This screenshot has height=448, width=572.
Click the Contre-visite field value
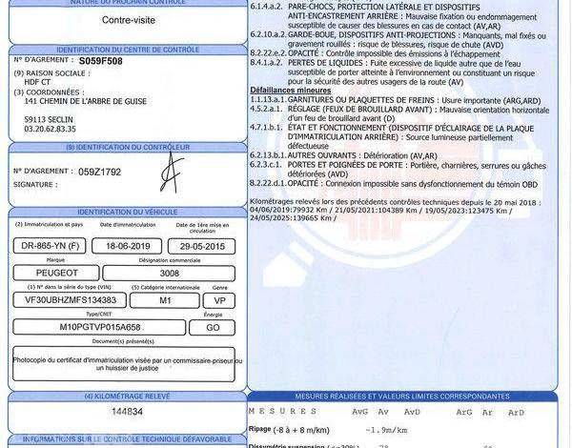click(50, 18)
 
